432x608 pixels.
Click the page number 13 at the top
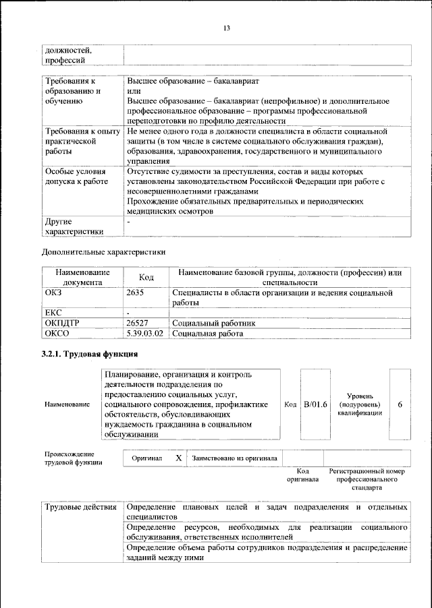pos(227,28)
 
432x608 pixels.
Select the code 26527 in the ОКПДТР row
pos(139,323)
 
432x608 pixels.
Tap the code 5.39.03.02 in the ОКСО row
pos(145,333)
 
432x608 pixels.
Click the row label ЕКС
pos(53,313)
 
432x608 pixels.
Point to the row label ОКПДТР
pos(62,323)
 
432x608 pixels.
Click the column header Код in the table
pos(146,277)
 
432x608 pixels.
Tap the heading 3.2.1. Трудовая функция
pos(90,354)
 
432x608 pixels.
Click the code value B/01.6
pos(315,404)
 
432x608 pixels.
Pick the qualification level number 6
pos(400,404)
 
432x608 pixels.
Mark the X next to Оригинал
pos(178,458)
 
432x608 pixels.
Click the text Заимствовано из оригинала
pos(234,458)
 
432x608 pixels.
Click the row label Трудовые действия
pos(80,506)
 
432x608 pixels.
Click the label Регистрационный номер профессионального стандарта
pos(366,478)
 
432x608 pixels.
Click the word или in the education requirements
pos(133,90)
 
